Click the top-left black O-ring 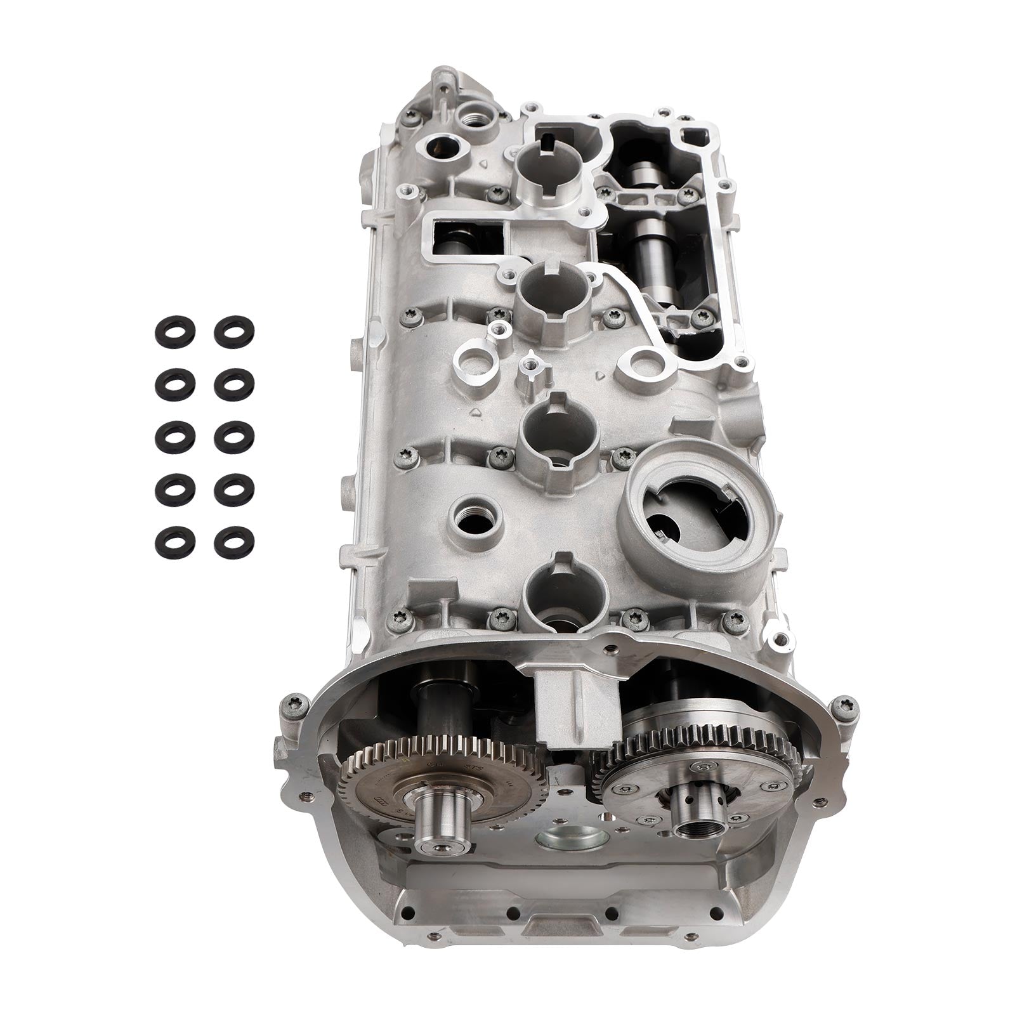pyautogui.click(x=173, y=332)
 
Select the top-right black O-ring pyautogui.click(x=234, y=331)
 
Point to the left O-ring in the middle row pyautogui.click(x=173, y=435)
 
